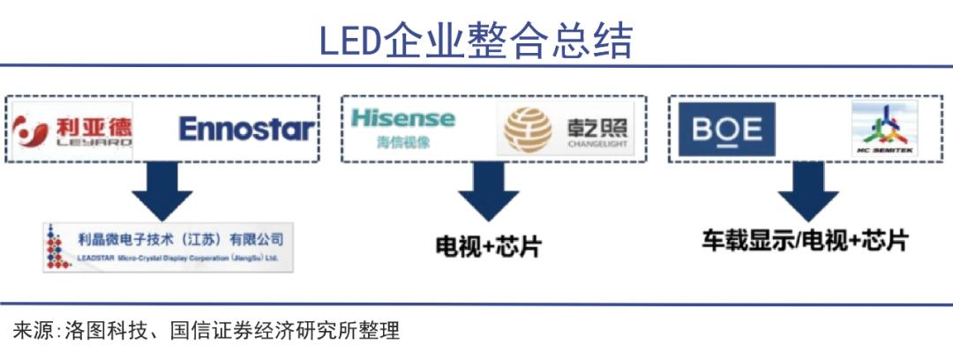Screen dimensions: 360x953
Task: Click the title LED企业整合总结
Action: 476,41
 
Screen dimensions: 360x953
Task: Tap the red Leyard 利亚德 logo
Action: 74,131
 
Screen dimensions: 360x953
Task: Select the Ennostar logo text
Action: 246,130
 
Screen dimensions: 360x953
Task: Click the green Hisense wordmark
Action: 402,118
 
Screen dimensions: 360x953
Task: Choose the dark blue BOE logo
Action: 726,130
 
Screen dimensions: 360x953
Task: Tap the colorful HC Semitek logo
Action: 884,129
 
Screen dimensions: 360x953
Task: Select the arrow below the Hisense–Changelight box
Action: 488,193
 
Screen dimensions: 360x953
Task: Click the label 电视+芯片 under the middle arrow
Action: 487,246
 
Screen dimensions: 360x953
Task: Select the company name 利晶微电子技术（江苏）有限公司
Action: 181,238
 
